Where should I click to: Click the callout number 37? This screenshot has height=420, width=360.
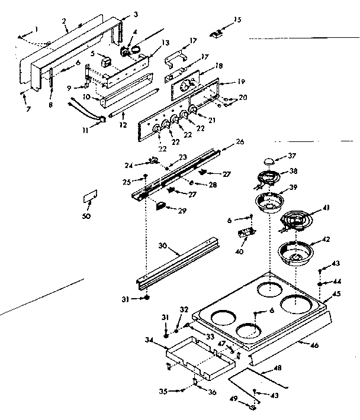click(291, 157)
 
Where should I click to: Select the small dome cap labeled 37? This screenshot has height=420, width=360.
click(269, 160)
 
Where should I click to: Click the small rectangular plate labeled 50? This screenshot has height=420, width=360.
click(90, 196)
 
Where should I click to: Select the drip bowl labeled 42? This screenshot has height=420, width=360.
click(296, 253)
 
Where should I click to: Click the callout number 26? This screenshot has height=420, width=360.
click(239, 143)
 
